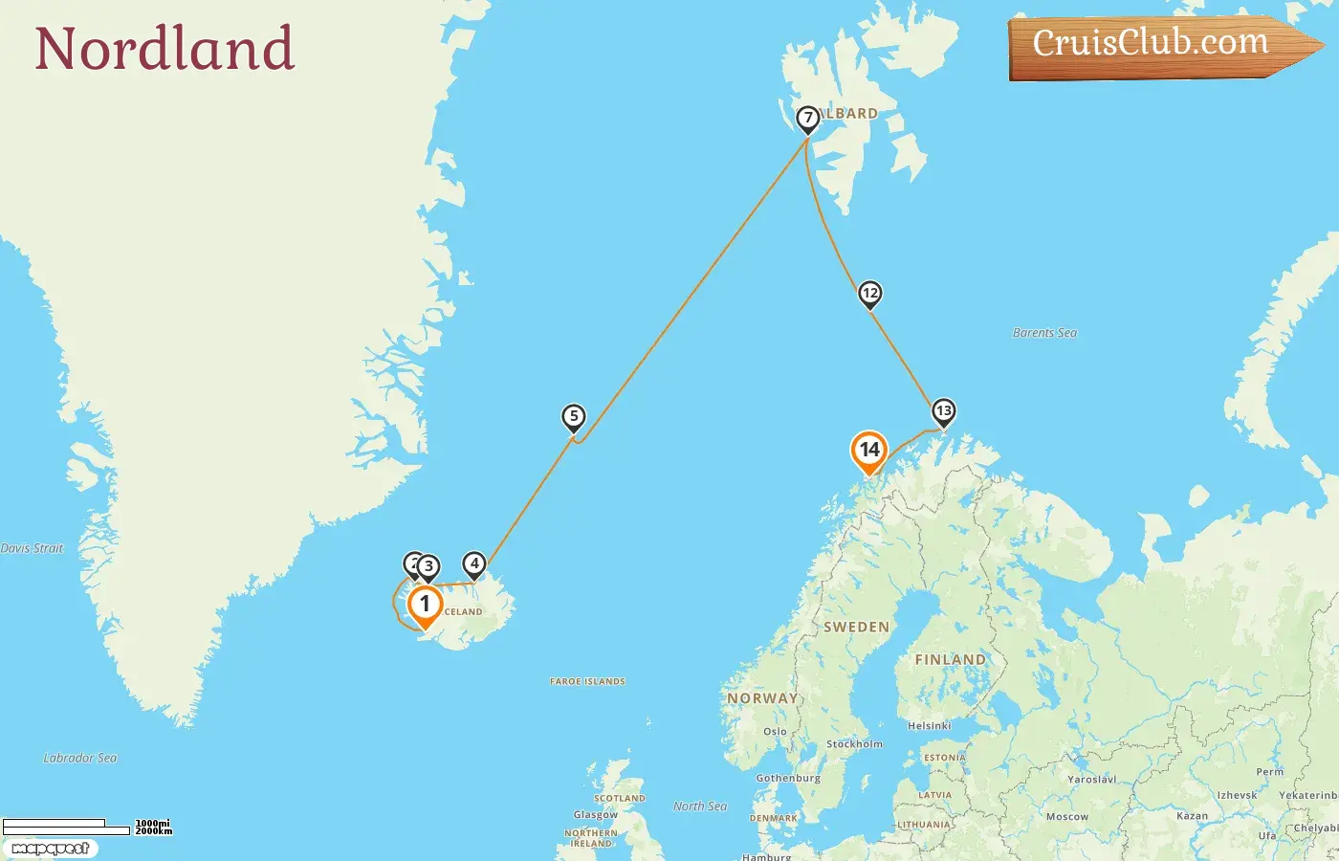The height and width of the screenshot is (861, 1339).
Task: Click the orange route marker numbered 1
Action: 425,605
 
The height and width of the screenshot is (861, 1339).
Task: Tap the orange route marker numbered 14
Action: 868,450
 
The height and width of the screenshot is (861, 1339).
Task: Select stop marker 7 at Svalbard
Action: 808,119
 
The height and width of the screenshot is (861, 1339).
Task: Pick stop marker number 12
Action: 869,293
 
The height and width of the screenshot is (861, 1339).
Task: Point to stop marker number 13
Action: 943,411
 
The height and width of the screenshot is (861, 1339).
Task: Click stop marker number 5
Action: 573,416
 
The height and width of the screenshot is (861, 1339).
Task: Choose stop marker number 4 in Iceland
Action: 473,563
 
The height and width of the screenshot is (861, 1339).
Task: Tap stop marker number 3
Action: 428,566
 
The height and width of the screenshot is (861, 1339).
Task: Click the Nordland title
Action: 165,49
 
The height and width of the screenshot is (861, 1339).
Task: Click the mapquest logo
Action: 50,849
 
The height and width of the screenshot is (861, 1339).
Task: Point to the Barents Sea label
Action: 1044,333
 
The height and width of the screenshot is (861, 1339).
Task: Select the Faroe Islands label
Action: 587,681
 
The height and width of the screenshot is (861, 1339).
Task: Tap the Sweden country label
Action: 856,628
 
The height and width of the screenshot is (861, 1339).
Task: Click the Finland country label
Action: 949,659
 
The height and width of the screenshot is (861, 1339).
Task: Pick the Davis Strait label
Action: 32,548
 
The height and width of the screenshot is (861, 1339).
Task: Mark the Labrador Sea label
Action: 80,758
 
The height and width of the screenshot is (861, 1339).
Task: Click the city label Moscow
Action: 1066,817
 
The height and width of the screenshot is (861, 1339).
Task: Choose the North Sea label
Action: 700,806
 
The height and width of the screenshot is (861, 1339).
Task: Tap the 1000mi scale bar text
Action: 152,823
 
